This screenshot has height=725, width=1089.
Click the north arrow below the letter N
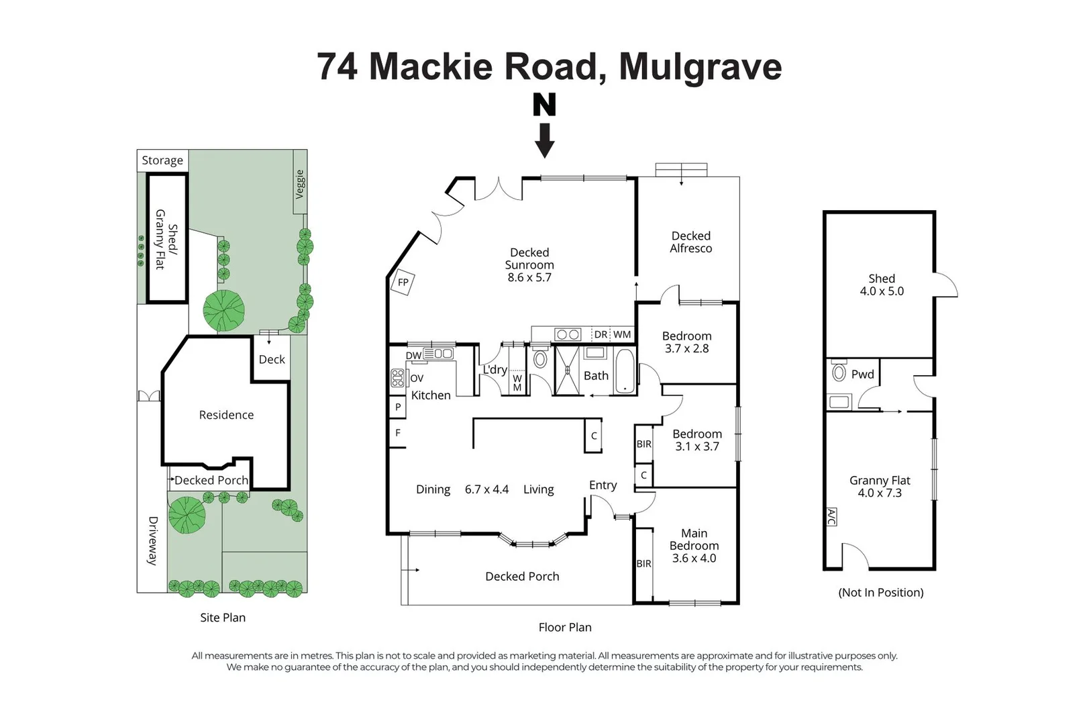tap(545, 140)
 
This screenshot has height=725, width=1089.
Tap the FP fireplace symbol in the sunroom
tap(403, 282)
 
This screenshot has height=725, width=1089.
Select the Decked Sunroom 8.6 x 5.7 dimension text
tap(529, 278)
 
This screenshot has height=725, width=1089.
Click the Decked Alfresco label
tap(691, 242)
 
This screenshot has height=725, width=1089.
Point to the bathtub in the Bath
tap(624, 371)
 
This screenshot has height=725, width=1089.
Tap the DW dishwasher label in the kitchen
tap(413, 355)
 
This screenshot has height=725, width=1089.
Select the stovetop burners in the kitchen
tap(398, 378)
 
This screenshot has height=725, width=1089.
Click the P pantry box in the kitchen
tap(398, 407)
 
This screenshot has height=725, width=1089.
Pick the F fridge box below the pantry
tap(398, 433)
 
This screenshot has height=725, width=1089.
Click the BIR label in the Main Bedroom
tap(643, 564)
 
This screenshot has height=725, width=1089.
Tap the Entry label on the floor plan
tap(603, 485)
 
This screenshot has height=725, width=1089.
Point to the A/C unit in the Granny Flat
tap(831, 517)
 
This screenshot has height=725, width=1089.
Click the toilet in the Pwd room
tap(839, 372)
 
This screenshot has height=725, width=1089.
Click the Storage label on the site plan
tap(162, 160)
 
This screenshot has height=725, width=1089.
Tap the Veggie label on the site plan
tap(300, 184)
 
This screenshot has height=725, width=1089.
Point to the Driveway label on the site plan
tap(153, 540)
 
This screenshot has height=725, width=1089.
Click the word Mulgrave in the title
tap(700, 66)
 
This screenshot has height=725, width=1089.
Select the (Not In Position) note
tap(881, 592)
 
